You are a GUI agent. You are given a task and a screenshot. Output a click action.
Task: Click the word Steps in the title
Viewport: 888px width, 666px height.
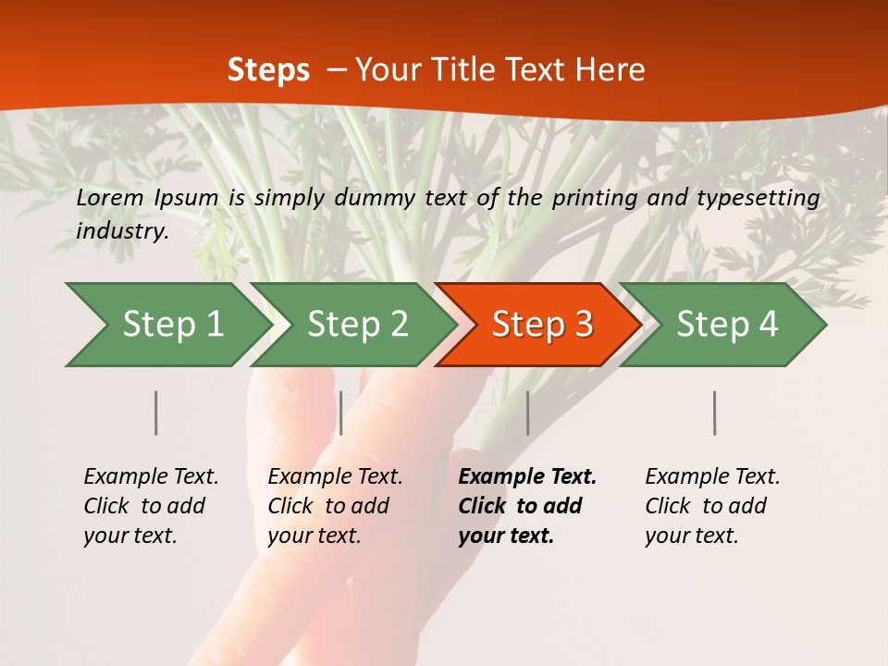(x=268, y=70)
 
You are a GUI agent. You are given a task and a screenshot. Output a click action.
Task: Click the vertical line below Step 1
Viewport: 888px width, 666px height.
(x=156, y=413)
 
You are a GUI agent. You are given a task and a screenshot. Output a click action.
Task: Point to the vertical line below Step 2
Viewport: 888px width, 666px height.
(x=341, y=413)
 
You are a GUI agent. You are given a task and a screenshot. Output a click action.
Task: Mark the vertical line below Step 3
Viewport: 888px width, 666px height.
(x=528, y=413)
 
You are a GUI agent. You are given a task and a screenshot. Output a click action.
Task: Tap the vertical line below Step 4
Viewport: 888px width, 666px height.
(x=715, y=413)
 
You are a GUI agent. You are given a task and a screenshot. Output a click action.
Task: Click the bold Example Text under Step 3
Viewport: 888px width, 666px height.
(x=527, y=477)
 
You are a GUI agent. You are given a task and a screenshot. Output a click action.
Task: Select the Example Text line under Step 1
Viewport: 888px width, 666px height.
(x=151, y=477)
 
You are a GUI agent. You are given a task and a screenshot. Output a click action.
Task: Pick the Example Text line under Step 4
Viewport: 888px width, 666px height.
(x=712, y=477)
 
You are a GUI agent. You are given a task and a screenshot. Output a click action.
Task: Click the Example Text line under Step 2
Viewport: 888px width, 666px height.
(x=335, y=477)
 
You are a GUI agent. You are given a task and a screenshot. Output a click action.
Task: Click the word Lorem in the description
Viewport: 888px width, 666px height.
(x=109, y=197)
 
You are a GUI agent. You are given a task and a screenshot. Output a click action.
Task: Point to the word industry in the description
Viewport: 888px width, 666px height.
(x=122, y=231)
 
